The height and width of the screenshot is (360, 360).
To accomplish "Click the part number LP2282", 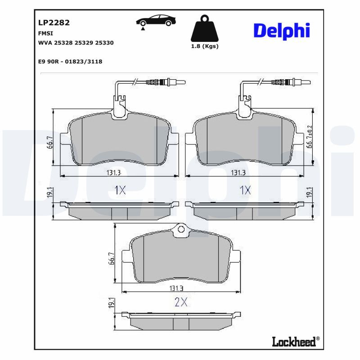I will click(50, 22).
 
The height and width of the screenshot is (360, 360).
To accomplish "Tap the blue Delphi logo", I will click(281, 31).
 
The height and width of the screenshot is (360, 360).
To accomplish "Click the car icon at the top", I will click(155, 22).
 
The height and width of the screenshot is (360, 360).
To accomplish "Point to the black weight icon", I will click(205, 29).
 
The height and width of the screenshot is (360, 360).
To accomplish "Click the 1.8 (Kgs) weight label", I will click(205, 46).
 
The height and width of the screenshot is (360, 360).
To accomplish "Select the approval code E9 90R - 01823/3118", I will click(71, 61).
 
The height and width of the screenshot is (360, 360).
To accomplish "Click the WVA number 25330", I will click(104, 43).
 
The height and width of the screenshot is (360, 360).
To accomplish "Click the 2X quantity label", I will click(180, 302).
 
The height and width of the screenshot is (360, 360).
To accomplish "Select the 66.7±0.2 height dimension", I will click(309, 137).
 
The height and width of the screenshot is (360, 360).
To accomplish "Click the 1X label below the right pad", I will click(245, 190).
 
